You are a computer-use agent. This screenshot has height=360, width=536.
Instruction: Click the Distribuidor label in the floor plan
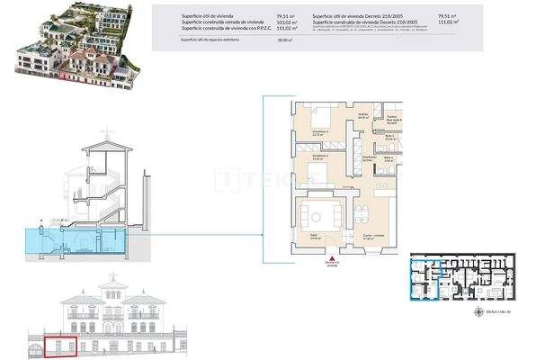[x=369, y=157]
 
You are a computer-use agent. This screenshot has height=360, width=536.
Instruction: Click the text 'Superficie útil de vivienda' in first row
[x=208, y=16]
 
